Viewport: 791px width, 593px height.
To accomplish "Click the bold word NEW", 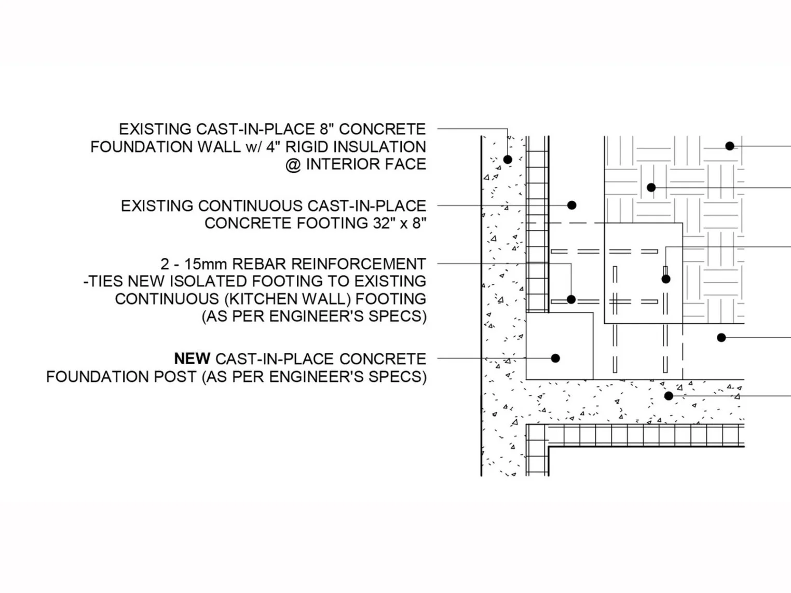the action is [192, 358].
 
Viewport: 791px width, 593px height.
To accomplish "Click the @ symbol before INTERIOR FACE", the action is [293, 164].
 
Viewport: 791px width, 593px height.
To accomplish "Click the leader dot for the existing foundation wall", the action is [508, 159].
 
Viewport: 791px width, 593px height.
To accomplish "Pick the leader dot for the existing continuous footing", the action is [571, 205].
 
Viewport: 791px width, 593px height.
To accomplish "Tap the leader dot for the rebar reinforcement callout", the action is [571, 299].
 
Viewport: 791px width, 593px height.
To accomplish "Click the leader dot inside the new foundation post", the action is [555, 358].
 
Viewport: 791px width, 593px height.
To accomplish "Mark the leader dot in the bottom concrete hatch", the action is [669, 396].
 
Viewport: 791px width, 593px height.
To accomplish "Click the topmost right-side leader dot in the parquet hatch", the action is [729, 146].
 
